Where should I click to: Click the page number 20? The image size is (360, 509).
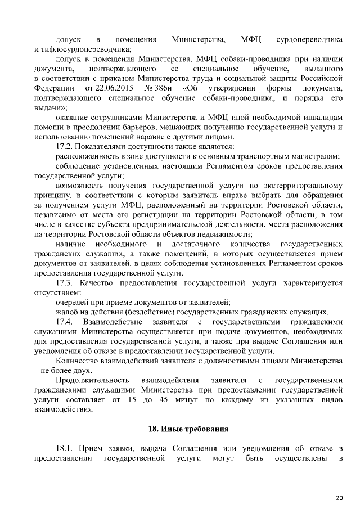pos(339,497)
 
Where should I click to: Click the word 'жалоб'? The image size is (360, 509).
pos(67,312)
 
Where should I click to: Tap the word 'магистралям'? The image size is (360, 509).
pos(314,156)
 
